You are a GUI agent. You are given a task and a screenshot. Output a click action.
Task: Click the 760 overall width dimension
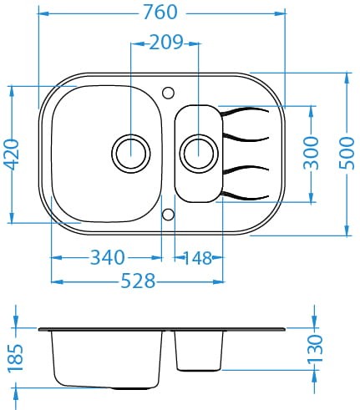coord(160,13)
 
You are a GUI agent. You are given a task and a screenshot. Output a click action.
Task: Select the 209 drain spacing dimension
coord(166,43)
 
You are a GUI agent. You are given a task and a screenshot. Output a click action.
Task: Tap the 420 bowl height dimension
coord(13,154)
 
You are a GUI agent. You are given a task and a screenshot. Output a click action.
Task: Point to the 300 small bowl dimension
coord(311,153)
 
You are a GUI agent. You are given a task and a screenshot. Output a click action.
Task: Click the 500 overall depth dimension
coord(347,153)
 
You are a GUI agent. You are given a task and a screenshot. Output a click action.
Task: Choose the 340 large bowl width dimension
coord(108,257)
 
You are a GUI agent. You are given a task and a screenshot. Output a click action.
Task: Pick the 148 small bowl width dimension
coord(198,258)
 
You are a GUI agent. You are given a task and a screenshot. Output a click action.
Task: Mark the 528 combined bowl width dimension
coord(138,281)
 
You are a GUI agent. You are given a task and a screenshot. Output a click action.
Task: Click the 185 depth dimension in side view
coord(15,358)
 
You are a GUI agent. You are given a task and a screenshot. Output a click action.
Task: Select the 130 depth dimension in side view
coord(315,349)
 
